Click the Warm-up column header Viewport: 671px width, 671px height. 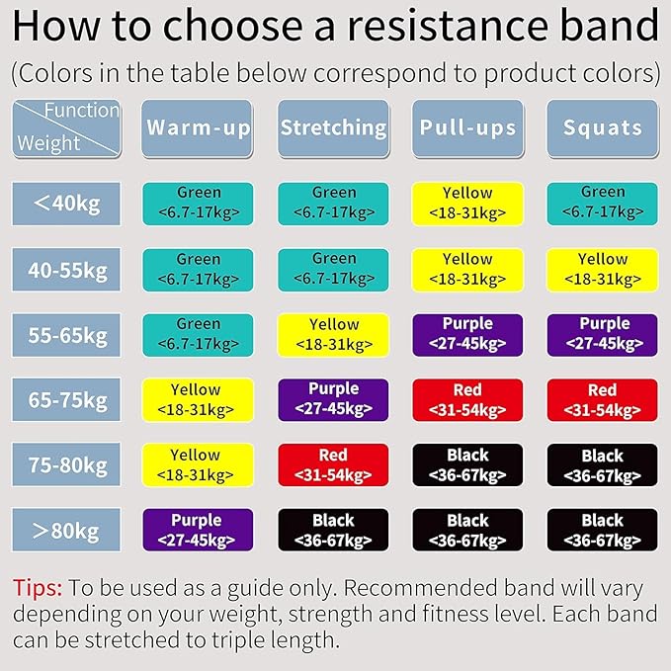pos(198,127)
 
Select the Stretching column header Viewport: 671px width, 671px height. pos(333,127)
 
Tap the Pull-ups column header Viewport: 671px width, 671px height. pos(467,127)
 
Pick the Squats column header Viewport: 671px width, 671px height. pos(602,127)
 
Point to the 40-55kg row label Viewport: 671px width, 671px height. pos(65,270)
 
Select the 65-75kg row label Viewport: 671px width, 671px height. pos(65,400)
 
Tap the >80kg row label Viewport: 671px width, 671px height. pos(65,531)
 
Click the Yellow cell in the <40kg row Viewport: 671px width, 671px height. pos(467,204)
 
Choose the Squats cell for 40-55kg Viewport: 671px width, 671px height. pos(602,270)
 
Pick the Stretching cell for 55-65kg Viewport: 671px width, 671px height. pos(333,335)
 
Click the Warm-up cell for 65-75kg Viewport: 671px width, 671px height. pos(198,400)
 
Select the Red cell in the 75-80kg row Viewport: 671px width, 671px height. pos(333,465)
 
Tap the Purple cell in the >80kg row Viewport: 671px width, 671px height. pos(198,530)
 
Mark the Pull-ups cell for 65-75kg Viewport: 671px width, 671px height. pos(467,400)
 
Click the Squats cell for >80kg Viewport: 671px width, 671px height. pos(602,530)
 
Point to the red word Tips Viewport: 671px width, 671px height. pos(38,588)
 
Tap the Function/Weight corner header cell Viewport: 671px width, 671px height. pos(65,127)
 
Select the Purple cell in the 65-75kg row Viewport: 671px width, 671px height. pos(333,400)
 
